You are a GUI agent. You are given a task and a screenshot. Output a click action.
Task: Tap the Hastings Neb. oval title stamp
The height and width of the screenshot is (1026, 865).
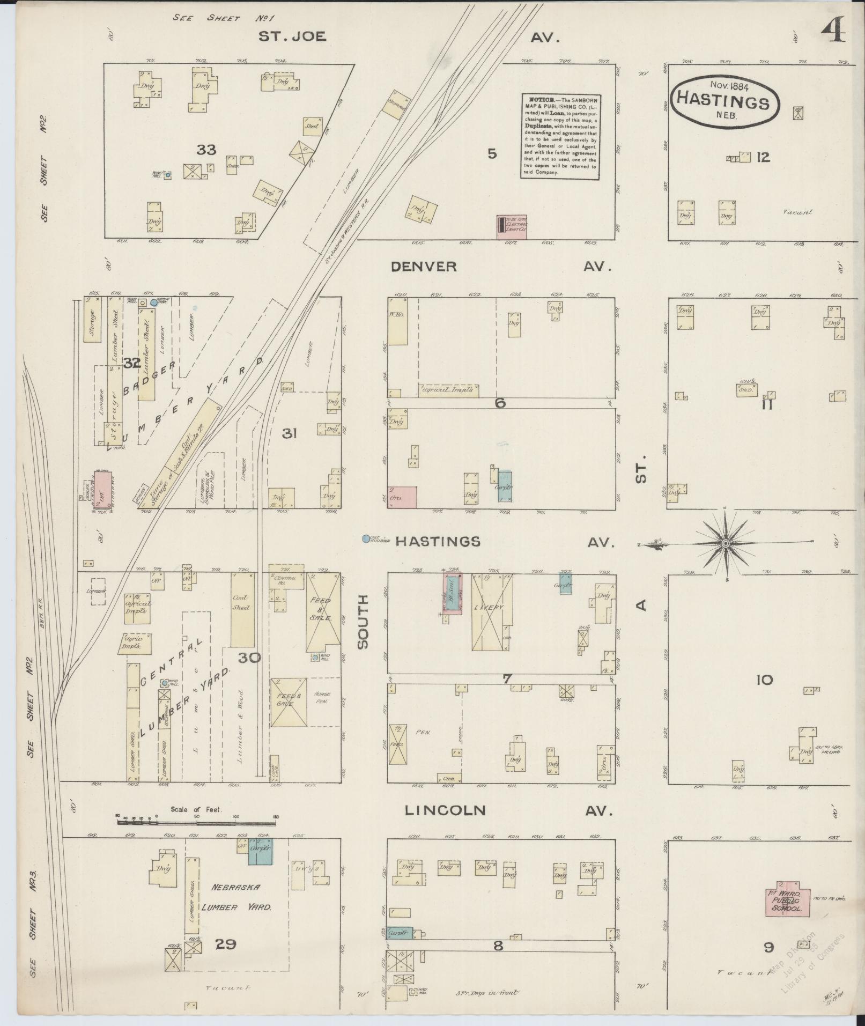pyautogui.click(x=723, y=100)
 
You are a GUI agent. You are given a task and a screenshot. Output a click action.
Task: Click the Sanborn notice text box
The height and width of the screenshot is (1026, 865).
pyautogui.click(x=560, y=136)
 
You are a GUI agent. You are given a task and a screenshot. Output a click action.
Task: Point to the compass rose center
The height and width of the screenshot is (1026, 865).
pyautogui.click(x=725, y=544)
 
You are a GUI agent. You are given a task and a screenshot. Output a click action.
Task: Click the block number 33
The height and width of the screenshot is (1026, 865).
pyautogui.click(x=206, y=150)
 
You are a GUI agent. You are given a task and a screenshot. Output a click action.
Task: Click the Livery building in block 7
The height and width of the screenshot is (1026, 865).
pyautogui.click(x=491, y=612)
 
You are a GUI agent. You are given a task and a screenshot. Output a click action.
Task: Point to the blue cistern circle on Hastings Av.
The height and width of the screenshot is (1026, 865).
pyautogui.click(x=366, y=538)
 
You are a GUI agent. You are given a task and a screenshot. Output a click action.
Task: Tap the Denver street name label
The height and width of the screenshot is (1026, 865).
pyautogui.click(x=424, y=267)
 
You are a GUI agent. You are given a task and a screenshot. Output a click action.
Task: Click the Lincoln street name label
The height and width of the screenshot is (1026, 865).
pyautogui.click(x=445, y=810)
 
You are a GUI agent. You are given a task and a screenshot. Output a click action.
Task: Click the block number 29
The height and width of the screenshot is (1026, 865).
pyautogui.click(x=225, y=959)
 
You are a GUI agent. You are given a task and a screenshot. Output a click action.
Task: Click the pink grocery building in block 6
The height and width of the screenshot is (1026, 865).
pyautogui.click(x=402, y=497)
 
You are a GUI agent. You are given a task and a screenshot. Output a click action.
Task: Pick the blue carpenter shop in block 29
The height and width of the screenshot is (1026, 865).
pyautogui.click(x=261, y=851)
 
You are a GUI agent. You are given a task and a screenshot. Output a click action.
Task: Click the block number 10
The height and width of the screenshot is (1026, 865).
pyautogui.click(x=764, y=681)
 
